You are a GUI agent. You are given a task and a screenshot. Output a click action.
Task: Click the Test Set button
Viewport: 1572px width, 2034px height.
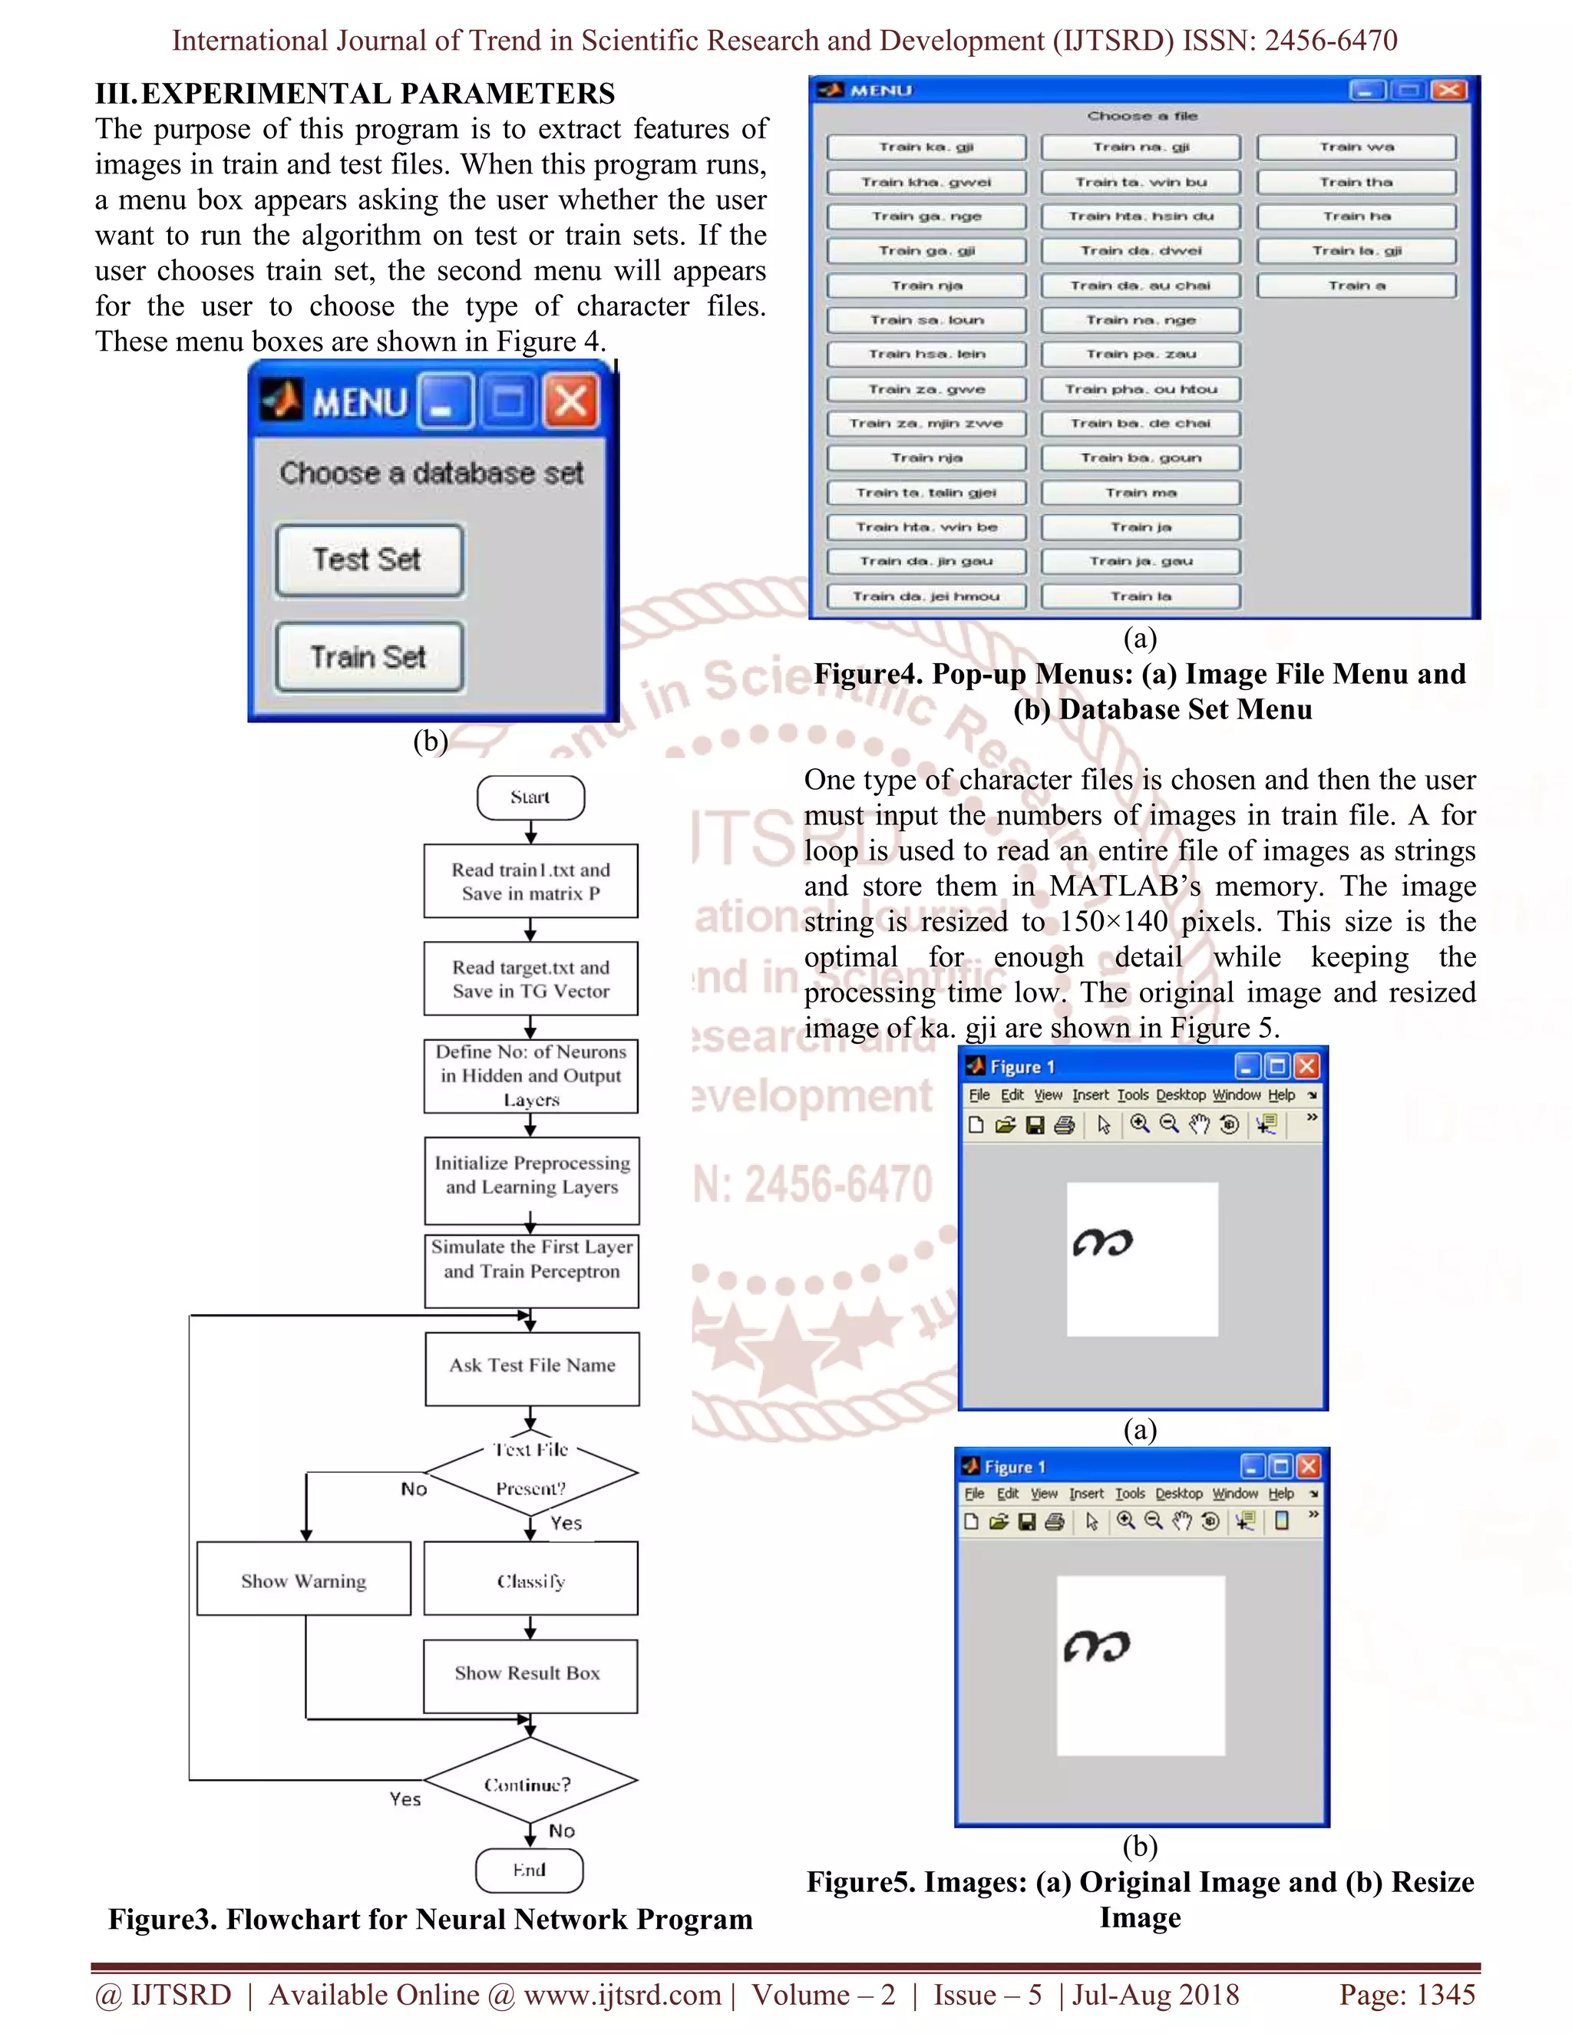(368, 560)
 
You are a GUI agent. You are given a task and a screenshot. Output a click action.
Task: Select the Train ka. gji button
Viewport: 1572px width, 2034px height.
(926, 147)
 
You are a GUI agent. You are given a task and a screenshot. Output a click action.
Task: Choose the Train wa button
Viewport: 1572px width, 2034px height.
(1356, 147)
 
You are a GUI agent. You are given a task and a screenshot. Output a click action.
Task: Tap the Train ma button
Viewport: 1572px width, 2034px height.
(1141, 493)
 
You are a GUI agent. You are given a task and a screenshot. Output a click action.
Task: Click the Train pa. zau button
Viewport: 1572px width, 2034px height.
(1141, 354)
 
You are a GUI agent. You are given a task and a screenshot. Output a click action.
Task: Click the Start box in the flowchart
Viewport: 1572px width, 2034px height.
(530, 797)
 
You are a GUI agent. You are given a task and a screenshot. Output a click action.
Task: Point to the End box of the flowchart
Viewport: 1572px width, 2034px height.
(529, 1870)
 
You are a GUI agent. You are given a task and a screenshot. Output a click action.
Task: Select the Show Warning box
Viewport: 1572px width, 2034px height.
(304, 1580)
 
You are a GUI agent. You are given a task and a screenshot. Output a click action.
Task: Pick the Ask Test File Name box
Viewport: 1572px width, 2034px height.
(532, 1366)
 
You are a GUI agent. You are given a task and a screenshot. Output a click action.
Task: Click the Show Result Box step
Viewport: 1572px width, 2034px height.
(529, 1673)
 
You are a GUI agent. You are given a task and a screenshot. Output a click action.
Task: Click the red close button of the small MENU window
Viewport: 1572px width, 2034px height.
(571, 402)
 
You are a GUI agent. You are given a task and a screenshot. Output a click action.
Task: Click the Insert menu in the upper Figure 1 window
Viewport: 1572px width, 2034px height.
(1090, 1095)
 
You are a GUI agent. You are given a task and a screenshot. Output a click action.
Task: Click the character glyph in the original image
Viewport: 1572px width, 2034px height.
(1103, 1243)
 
